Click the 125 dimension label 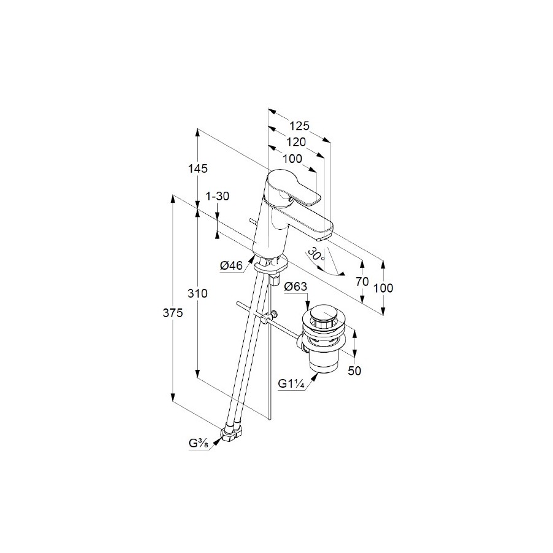299,125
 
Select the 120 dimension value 296,142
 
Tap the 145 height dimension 197,168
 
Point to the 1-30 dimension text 218,196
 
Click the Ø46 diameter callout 232,265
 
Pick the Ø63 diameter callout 296,287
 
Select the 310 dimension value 197,293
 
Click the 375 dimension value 173,313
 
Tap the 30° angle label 316,254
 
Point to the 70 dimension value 362,281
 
